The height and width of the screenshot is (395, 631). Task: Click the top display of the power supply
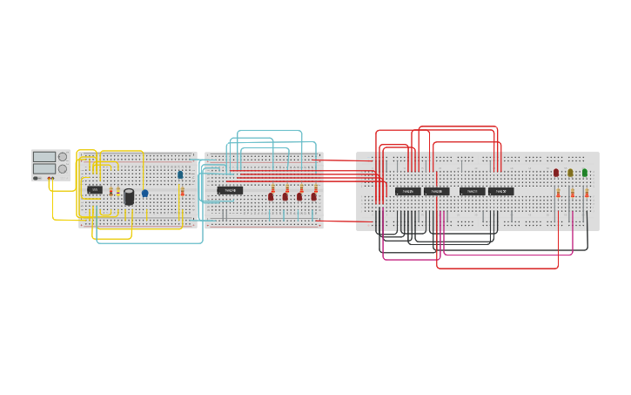point(44,157)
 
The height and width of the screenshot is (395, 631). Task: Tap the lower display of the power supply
point(44,169)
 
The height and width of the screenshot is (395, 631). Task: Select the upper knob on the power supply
point(63,157)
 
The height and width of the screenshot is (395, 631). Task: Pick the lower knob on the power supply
point(63,169)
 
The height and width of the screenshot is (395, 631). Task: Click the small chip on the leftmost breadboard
point(95,189)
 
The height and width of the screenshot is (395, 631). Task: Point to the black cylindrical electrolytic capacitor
point(129,197)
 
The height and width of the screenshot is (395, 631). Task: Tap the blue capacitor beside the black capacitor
point(144,194)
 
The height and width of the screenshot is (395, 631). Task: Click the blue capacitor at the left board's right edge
point(180,174)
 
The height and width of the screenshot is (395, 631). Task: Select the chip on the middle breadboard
point(230,190)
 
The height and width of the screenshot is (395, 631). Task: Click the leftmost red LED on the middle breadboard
point(271,197)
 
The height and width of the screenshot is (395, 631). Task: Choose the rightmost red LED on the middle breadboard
point(314,197)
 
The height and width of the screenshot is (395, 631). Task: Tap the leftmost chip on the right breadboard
point(407,191)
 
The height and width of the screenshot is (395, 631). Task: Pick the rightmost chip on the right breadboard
point(500,191)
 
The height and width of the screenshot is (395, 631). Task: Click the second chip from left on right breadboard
point(437,191)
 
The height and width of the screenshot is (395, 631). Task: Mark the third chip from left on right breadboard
point(472,191)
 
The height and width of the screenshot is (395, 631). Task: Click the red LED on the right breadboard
point(556,173)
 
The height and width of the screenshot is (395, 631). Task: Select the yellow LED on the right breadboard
point(570,173)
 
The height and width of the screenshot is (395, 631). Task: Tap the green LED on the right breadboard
point(585,173)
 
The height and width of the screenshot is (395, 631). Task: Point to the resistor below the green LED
point(587,193)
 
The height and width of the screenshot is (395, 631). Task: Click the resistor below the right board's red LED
point(558,193)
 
